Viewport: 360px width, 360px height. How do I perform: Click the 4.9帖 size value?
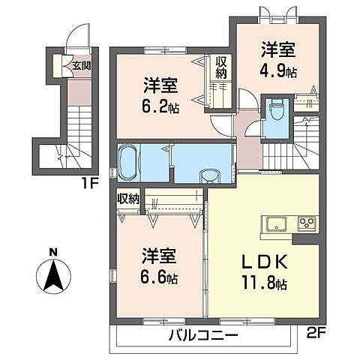coord(277,73)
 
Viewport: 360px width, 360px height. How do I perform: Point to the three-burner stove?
coord(307,223)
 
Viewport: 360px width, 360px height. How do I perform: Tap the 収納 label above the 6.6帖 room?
coord(128,199)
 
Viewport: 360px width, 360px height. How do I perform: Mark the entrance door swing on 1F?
coord(75,37)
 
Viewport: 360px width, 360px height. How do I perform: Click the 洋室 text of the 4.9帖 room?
coord(277,51)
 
